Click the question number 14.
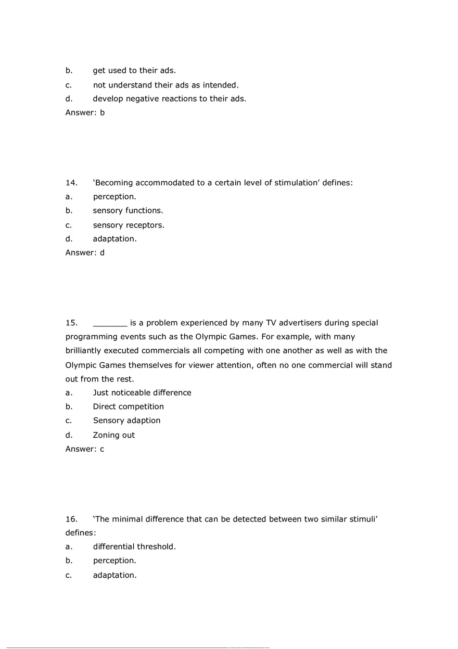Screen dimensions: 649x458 [71, 183]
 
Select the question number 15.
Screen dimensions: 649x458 [71, 323]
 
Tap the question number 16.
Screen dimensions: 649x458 [71, 519]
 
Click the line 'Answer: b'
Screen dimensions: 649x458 [85, 112]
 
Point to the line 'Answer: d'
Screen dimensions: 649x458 [85, 253]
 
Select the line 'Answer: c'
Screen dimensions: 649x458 [85, 449]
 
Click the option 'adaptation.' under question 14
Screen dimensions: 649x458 [115, 239]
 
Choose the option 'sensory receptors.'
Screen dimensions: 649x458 [129, 225]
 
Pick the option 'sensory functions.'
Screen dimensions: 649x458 [128, 211]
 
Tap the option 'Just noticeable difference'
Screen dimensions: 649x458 [142, 393]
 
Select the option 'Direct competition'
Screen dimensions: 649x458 [129, 406]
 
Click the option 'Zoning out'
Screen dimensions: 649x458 [114, 435]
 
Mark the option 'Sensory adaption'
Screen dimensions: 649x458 [127, 421]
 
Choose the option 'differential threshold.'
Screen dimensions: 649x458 [134, 547]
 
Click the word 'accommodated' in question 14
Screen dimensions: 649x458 [160, 183]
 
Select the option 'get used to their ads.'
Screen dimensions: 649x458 [134, 71]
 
